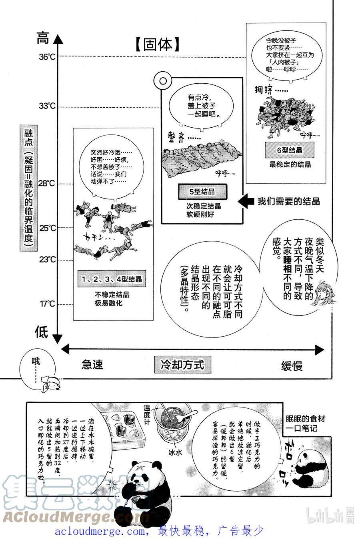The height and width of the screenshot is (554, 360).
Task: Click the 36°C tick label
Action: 47,57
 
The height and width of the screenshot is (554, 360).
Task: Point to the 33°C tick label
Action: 47,106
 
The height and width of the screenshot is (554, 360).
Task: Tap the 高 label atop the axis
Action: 43,39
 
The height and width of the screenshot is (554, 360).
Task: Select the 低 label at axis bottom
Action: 42,332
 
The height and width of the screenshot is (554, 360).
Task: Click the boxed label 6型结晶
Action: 290,151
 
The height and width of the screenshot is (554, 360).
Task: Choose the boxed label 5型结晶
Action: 202,192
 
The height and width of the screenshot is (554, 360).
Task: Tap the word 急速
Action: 92,365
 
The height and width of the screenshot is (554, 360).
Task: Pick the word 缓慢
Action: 292,365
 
